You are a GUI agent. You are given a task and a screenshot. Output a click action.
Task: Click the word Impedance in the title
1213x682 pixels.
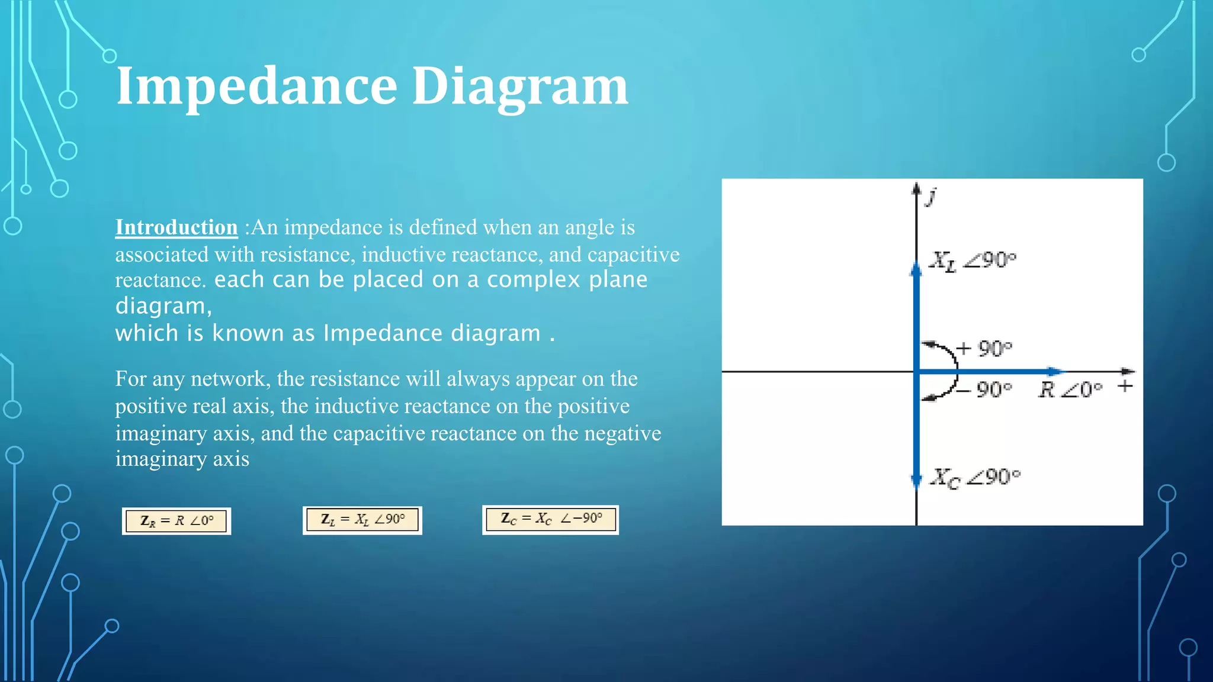[x=256, y=86]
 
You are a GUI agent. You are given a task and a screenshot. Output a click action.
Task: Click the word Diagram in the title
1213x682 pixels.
[x=519, y=86]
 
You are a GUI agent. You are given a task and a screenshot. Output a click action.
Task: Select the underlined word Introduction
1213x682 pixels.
[x=176, y=227]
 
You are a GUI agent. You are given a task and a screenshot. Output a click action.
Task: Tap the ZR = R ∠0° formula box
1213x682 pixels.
[x=177, y=521]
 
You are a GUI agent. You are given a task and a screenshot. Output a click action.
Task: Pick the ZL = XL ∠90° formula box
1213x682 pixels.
[x=362, y=520]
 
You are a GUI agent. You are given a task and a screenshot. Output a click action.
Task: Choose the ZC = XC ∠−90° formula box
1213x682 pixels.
[x=551, y=519]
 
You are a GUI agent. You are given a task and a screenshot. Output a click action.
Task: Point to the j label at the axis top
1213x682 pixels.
[x=932, y=195]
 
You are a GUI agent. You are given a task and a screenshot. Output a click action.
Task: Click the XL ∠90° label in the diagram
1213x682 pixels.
[x=972, y=260]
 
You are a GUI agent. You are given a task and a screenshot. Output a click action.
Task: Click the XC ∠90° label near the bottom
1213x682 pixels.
[x=975, y=477]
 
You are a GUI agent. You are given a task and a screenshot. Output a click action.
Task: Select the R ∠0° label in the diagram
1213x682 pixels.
[x=1070, y=390]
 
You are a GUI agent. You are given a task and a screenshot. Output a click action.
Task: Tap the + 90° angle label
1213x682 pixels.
[x=984, y=348]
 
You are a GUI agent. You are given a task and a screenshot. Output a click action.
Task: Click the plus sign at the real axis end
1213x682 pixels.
[x=1125, y=386]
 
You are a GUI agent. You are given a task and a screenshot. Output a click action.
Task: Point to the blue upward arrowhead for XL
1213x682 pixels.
[x=916, y=271]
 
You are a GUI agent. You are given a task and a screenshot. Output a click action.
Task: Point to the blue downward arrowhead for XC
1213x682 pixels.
[x=916, y=481]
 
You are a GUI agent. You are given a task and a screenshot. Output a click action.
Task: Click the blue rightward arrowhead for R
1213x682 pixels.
[x=1055, y=372]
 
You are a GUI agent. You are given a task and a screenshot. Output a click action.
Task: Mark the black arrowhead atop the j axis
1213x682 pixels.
[x=916, y=188]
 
